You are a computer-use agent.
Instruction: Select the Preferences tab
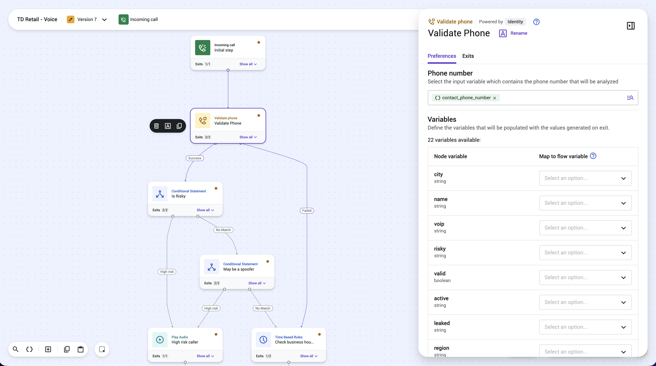[442, 56]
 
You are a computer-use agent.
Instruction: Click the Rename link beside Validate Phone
[519, 33]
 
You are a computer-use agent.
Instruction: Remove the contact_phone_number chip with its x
[494, 98]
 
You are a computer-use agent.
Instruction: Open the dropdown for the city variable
[585, 178]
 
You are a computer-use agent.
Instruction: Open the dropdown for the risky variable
[585, 252]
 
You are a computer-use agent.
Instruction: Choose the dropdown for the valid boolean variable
[585, 277]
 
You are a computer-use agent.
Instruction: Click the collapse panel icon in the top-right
[631, 26]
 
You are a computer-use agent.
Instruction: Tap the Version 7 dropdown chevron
[104, 20]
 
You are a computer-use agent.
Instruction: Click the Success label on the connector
[195, 158]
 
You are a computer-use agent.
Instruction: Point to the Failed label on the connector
[307, 210]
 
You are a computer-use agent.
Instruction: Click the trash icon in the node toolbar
[156, 126]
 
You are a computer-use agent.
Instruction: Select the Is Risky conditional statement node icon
[160, 194]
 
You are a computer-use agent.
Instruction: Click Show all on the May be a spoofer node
[257, 283]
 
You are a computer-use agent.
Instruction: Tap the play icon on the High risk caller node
[160, 339]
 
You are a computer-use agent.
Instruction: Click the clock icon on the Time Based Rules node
[263, 339]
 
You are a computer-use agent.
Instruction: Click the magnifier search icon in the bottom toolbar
[15, 349]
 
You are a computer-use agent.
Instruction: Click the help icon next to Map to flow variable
[593, 156]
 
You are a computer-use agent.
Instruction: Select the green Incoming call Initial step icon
[203, 48]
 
